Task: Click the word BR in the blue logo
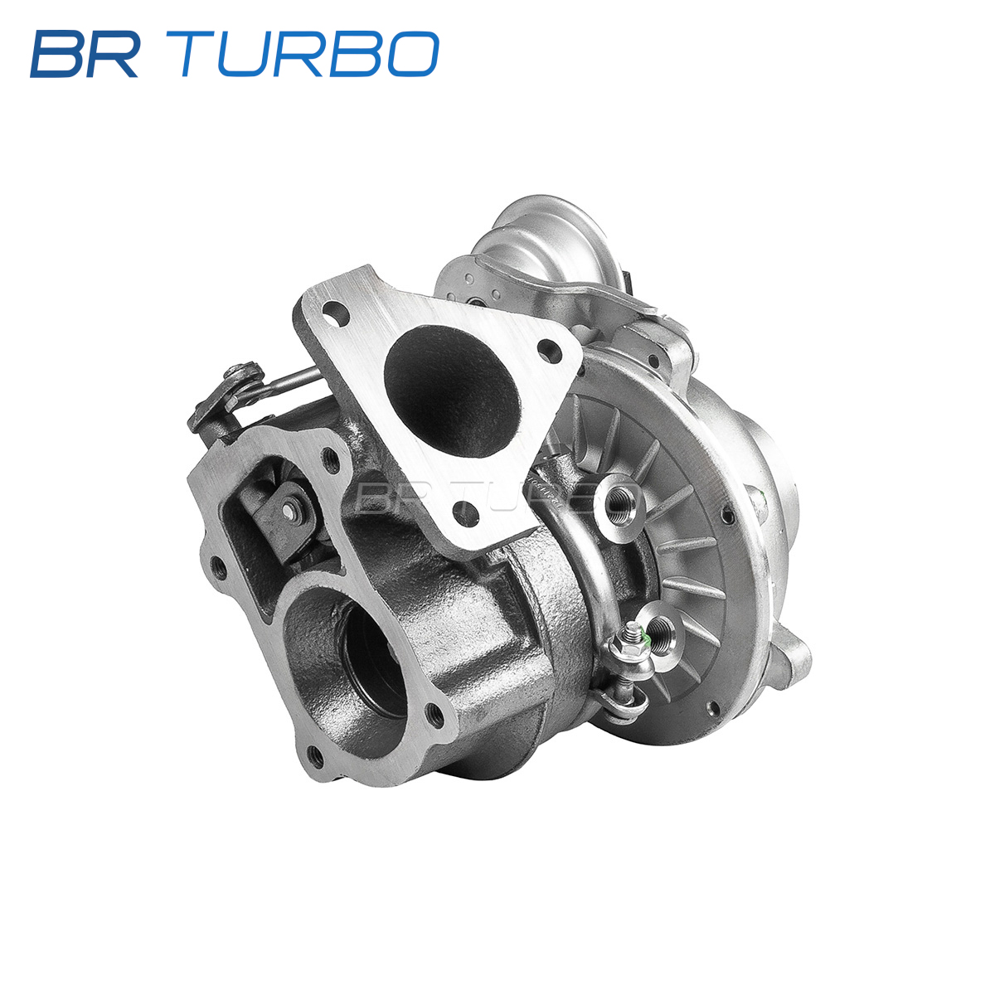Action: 85,54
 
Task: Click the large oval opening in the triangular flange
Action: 451,391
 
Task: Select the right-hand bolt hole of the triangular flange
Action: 549,351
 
